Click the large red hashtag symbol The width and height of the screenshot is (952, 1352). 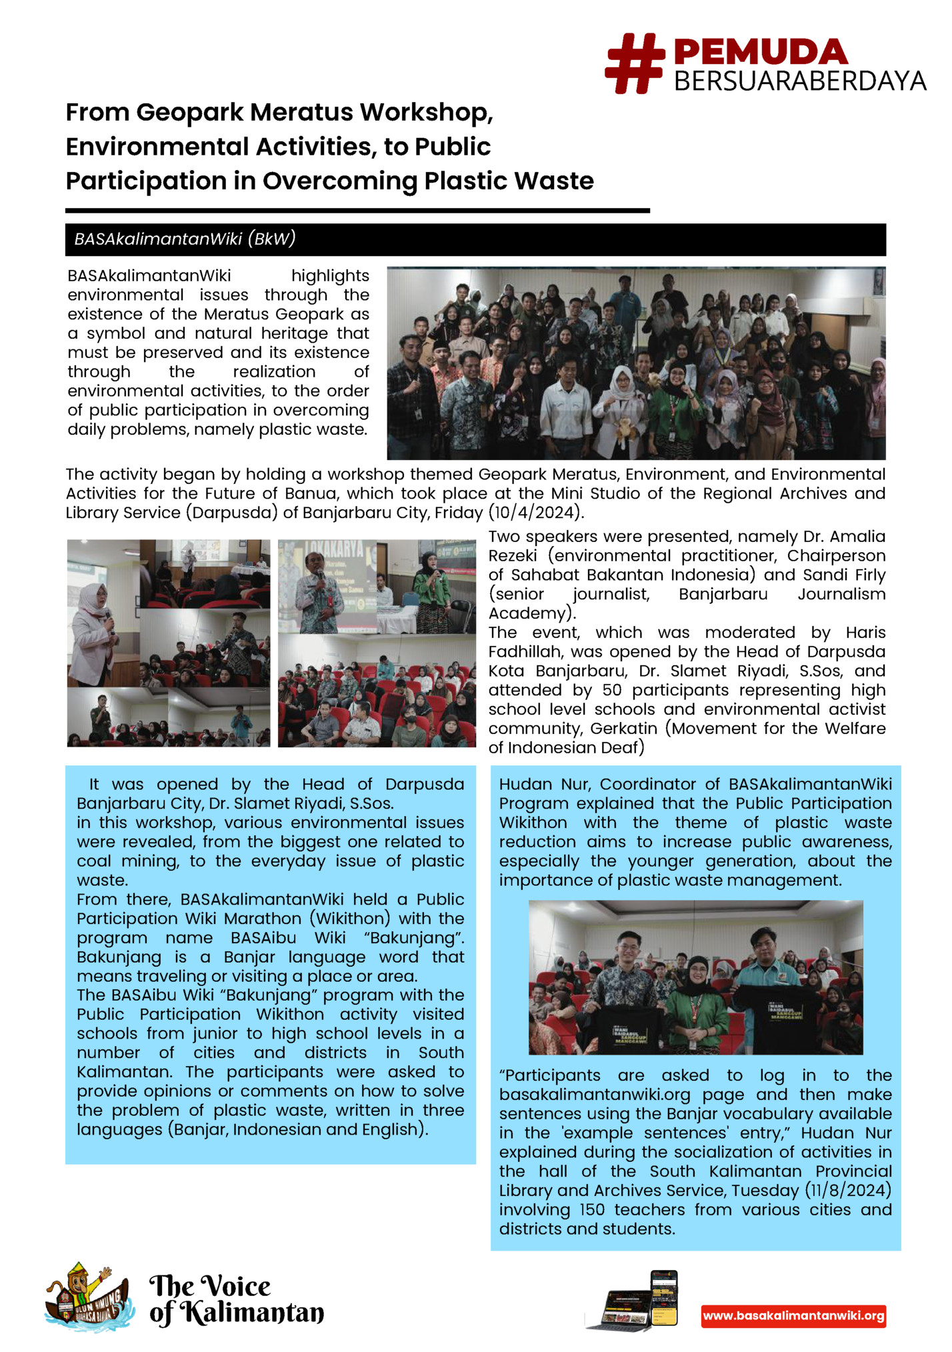(x=634, y=63)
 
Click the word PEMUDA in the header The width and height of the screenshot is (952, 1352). (x=760, y=53)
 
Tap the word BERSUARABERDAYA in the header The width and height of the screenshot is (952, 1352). (x=799, y=81)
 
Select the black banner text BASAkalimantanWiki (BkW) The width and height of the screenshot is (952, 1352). (x=185, y=239)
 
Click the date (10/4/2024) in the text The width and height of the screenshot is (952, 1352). (x=537, y=513)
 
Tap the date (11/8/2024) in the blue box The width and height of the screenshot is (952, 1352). (x=848, y=1191)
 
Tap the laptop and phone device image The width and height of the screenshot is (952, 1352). (x=634, y=1301)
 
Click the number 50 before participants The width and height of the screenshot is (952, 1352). (x=611, y=690)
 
